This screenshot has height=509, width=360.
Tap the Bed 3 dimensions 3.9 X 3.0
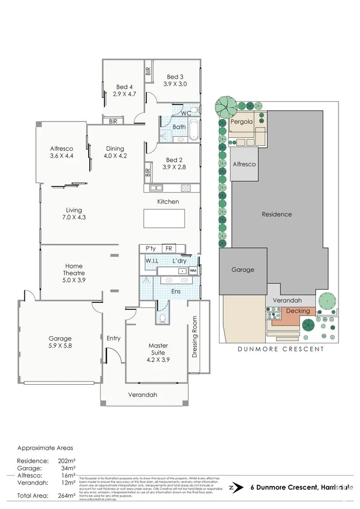tap(175, 84)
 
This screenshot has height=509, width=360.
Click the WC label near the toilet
tap(186, 114)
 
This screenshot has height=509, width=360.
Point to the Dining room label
tap(115, 149)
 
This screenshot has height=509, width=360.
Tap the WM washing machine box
tap(193, 271)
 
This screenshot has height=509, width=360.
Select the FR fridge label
tap(168, 249)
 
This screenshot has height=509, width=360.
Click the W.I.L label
tap(152, 261)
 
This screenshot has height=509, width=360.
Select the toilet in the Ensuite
tap(162, 317)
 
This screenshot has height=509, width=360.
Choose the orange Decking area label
tap(298, 311)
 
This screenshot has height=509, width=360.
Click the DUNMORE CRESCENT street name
tap(281, 349)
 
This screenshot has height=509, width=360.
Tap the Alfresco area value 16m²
tap(67, 476)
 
